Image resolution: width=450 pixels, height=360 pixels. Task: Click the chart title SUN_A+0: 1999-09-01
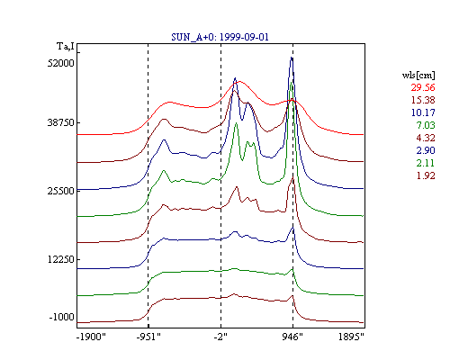[220, 37]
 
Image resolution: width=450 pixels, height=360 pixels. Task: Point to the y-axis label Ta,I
[66, 47]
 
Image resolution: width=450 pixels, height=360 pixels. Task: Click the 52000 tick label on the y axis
[61, 63]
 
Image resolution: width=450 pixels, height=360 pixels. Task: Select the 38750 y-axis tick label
[61, 122]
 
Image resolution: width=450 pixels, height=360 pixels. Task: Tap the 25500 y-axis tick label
[61, 191]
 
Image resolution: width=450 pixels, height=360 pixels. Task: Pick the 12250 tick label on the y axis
[61, 259]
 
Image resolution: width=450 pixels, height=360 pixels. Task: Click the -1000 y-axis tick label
[62, 317]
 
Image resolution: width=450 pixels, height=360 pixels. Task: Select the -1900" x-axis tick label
[92, 337]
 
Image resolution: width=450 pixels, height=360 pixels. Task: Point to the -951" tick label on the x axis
[148, 337]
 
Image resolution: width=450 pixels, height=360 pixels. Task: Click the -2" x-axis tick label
[220, 337]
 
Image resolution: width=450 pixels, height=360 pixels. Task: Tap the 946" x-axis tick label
[292, 337]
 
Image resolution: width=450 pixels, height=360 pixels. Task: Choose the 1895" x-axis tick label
[351, 337]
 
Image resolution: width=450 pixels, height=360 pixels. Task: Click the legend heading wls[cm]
[418, 75]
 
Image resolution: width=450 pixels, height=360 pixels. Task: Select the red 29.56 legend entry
[423, 87]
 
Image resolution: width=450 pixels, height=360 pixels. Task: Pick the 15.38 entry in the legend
[423, 100]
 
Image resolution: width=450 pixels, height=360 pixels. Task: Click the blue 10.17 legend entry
[423, 112]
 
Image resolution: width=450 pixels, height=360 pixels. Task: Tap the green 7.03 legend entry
[426, 125]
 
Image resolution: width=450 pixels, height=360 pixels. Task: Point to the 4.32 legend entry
[426, 138]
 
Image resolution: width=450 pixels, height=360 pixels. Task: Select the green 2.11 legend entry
[426, 163]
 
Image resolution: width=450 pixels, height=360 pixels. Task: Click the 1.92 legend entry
[426, 175]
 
